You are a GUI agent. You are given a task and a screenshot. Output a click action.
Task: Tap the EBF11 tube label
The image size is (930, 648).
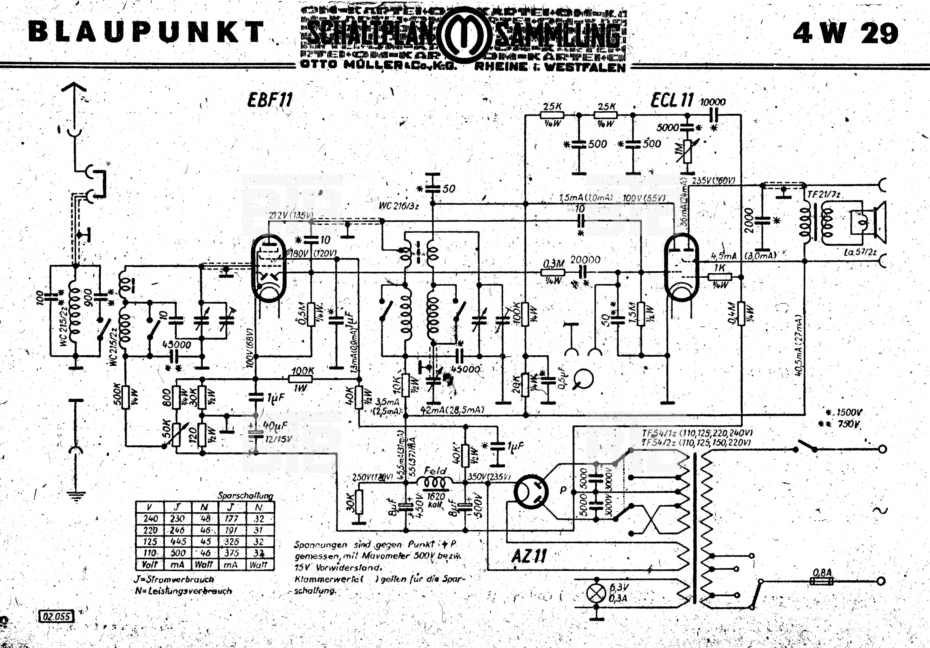269,100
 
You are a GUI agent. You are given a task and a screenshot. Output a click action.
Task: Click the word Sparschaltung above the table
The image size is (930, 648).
245,495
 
